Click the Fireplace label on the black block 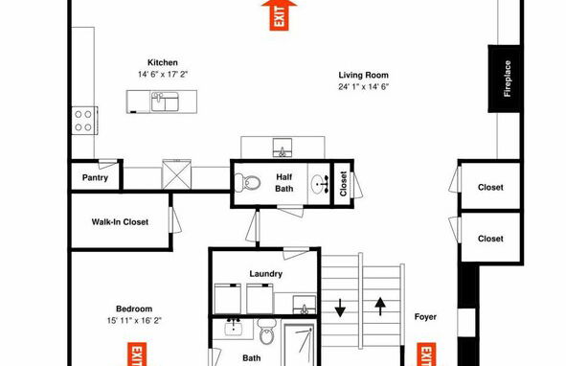coord(508,79)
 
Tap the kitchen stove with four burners coord(85,121)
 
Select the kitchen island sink coord(165,102)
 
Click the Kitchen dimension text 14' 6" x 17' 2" coord(163,75)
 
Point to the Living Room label coord(364,75)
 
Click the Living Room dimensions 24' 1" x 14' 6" coord(364,87)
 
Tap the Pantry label coord(95,178)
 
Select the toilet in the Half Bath coord(248,182)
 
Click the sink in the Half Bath coord(320,184)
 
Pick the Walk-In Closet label coord(120,222)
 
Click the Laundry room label coord(265,273)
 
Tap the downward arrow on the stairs coord(340,308)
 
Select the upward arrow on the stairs coord(380,307)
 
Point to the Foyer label coord(425,317)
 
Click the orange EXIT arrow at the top coord(280,15)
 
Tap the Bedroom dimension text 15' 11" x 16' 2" coord(134,320)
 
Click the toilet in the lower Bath coord(267,332)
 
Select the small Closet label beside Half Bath coord(343,184)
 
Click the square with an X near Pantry coord(176,174)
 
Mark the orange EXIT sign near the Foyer coord(426,355)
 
